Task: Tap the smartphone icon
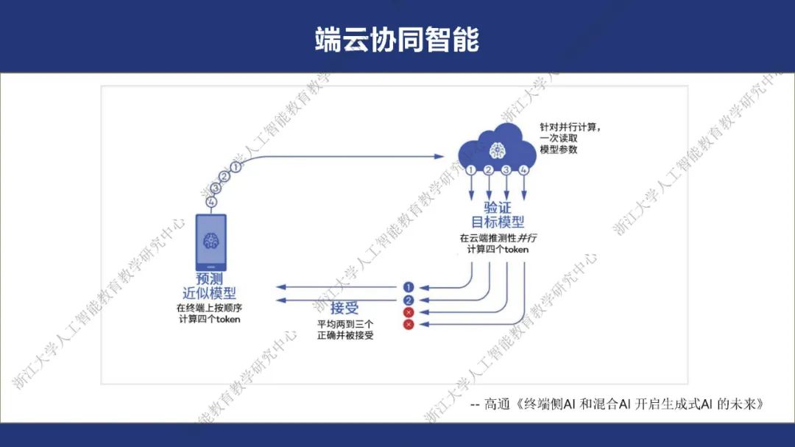click(x=211, y=242)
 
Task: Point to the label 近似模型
click(x=210, y=293)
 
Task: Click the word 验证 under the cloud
click(x=497, y=208)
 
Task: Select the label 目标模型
click(x=497, y=222)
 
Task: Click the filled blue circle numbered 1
click(x=409, y=286)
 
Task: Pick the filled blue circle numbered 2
click(x=409, y=300)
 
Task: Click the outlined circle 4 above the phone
click(x=212, y=201)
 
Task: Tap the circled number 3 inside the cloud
click(x=506, y=171)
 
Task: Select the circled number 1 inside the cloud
click(x=471, y=171)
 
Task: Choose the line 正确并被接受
click(x=345, y=335)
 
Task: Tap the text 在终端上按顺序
click(x=210, y=308)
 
